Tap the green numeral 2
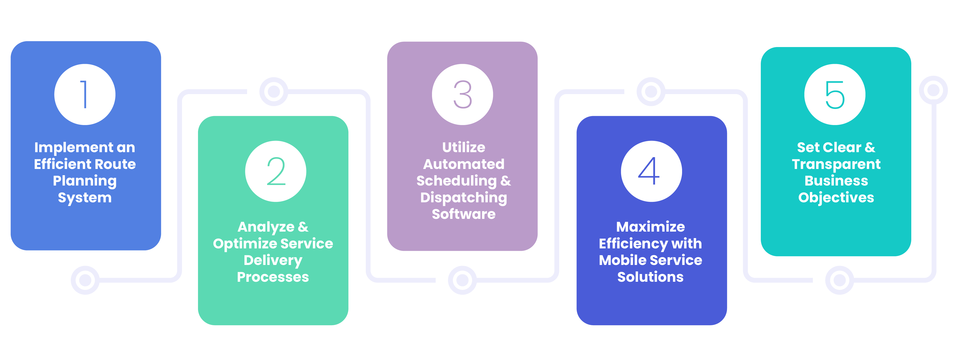coord(276,171)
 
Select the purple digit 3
coord(462,95)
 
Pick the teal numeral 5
coord(835,95)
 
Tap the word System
coord(84,198)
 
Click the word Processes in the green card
coord(273,277)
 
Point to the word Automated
coord(464,164)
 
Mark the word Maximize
coord(650,227)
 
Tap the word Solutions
coord(650,277)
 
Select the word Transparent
coord(836,164)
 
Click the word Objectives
coord(836,198)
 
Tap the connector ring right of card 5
coord(933,90)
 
